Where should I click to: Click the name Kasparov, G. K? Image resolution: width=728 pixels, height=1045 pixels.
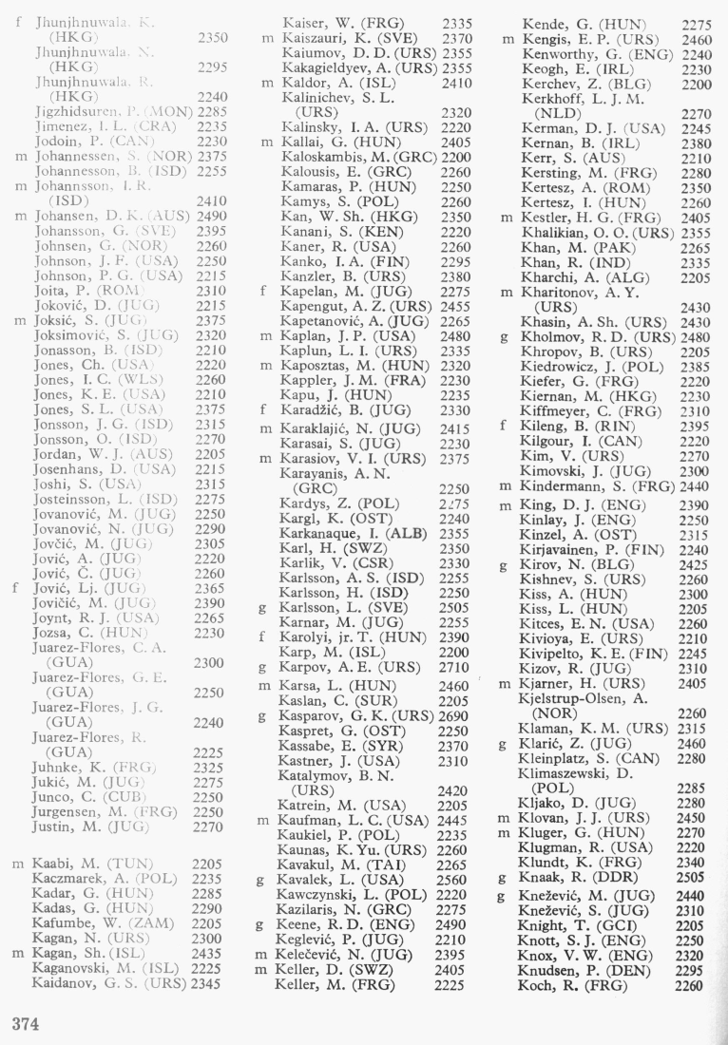[x=343, y=712]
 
